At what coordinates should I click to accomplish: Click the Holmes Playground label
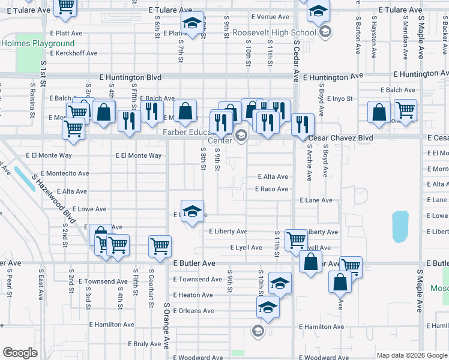pos(38,43)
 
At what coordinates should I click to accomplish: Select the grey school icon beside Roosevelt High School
pos(325,32)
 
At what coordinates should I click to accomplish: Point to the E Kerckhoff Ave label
pos(74,53)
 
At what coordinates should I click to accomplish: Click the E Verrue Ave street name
pos(270,17)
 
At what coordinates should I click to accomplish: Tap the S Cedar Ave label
pos(296,60)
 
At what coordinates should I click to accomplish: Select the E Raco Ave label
pos(271,189)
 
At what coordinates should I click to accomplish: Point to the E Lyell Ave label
pos(246,247)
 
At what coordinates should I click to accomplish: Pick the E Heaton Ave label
pos(193,295)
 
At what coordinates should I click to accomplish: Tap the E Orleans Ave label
pos(193,311)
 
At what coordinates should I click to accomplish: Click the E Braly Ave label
pos(145,344)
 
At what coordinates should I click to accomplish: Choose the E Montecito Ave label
pos(58,173)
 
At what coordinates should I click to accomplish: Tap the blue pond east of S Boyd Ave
pos(400,227)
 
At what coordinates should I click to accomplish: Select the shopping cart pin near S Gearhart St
pos(160,246)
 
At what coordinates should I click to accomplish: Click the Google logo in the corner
pos(20,353)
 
